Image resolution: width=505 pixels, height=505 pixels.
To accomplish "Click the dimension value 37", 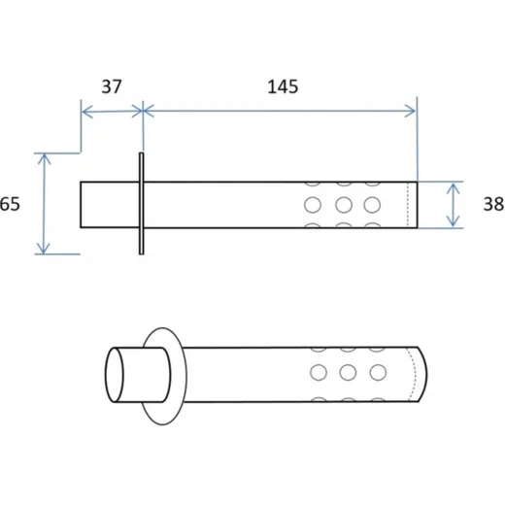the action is tap(112, 86).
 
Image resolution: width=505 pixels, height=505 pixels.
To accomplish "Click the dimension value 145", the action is tap(283, 87).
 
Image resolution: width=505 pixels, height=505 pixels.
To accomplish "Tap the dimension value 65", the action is tap(10, 204).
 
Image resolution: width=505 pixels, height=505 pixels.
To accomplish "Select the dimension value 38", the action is tap(493, 204).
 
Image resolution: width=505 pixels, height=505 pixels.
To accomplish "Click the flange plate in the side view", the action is tap(142, 204).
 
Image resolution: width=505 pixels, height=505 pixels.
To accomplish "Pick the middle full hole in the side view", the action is tap(344, 205).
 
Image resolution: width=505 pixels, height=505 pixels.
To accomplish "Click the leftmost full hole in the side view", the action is tap(313, 205).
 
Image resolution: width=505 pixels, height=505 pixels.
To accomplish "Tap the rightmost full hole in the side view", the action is tap(372, 205).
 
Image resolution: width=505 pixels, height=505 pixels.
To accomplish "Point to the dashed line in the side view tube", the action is tap(408, 205).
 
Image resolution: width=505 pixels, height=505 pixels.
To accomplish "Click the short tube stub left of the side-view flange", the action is tap(110, 205).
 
